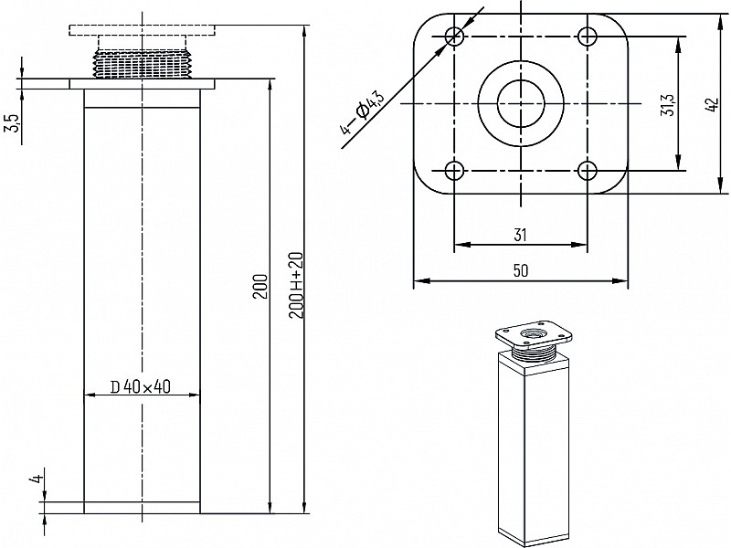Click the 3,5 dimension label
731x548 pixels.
14,122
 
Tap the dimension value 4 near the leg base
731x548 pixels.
38,478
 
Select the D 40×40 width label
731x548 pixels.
141,386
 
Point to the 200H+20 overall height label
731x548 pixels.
296,285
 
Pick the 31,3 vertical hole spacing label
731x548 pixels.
669,104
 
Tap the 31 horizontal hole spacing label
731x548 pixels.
520,235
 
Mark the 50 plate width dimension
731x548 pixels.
521,270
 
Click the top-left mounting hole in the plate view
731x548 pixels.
454,36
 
